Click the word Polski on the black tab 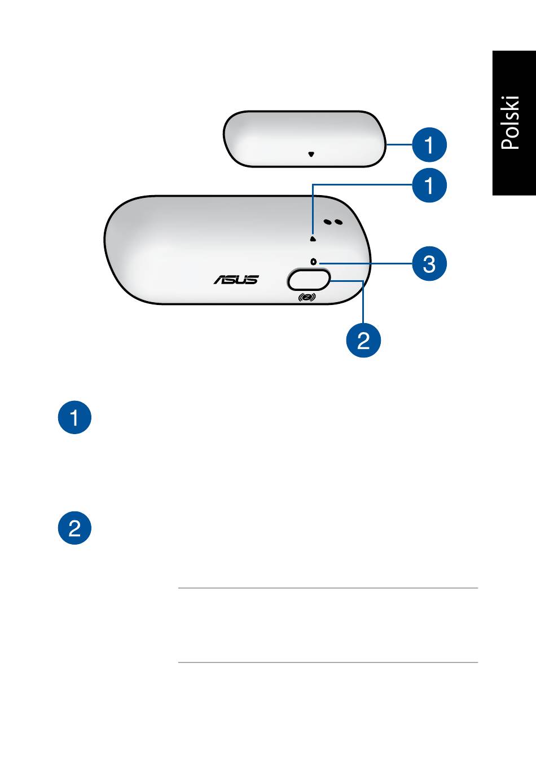[511, 123]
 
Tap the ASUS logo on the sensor [236, 280]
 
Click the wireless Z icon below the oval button [307, 298]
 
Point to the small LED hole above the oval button [313, 262]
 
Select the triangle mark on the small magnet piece [311, 154]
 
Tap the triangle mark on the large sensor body [313, 239]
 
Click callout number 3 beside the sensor [429, 264]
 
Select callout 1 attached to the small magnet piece [429, 145]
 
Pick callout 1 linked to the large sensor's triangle [429, 185]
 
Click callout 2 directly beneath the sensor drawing [363, 341]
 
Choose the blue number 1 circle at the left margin [74, 417]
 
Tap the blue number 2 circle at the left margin [74, 528]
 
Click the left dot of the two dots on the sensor [328, 222]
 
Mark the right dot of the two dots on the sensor [338, 222]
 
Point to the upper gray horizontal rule [328, 588]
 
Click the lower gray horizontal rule [328, 662]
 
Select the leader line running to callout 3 [366, 263]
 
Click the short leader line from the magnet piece [399, 144]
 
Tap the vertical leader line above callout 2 [363, 302]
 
